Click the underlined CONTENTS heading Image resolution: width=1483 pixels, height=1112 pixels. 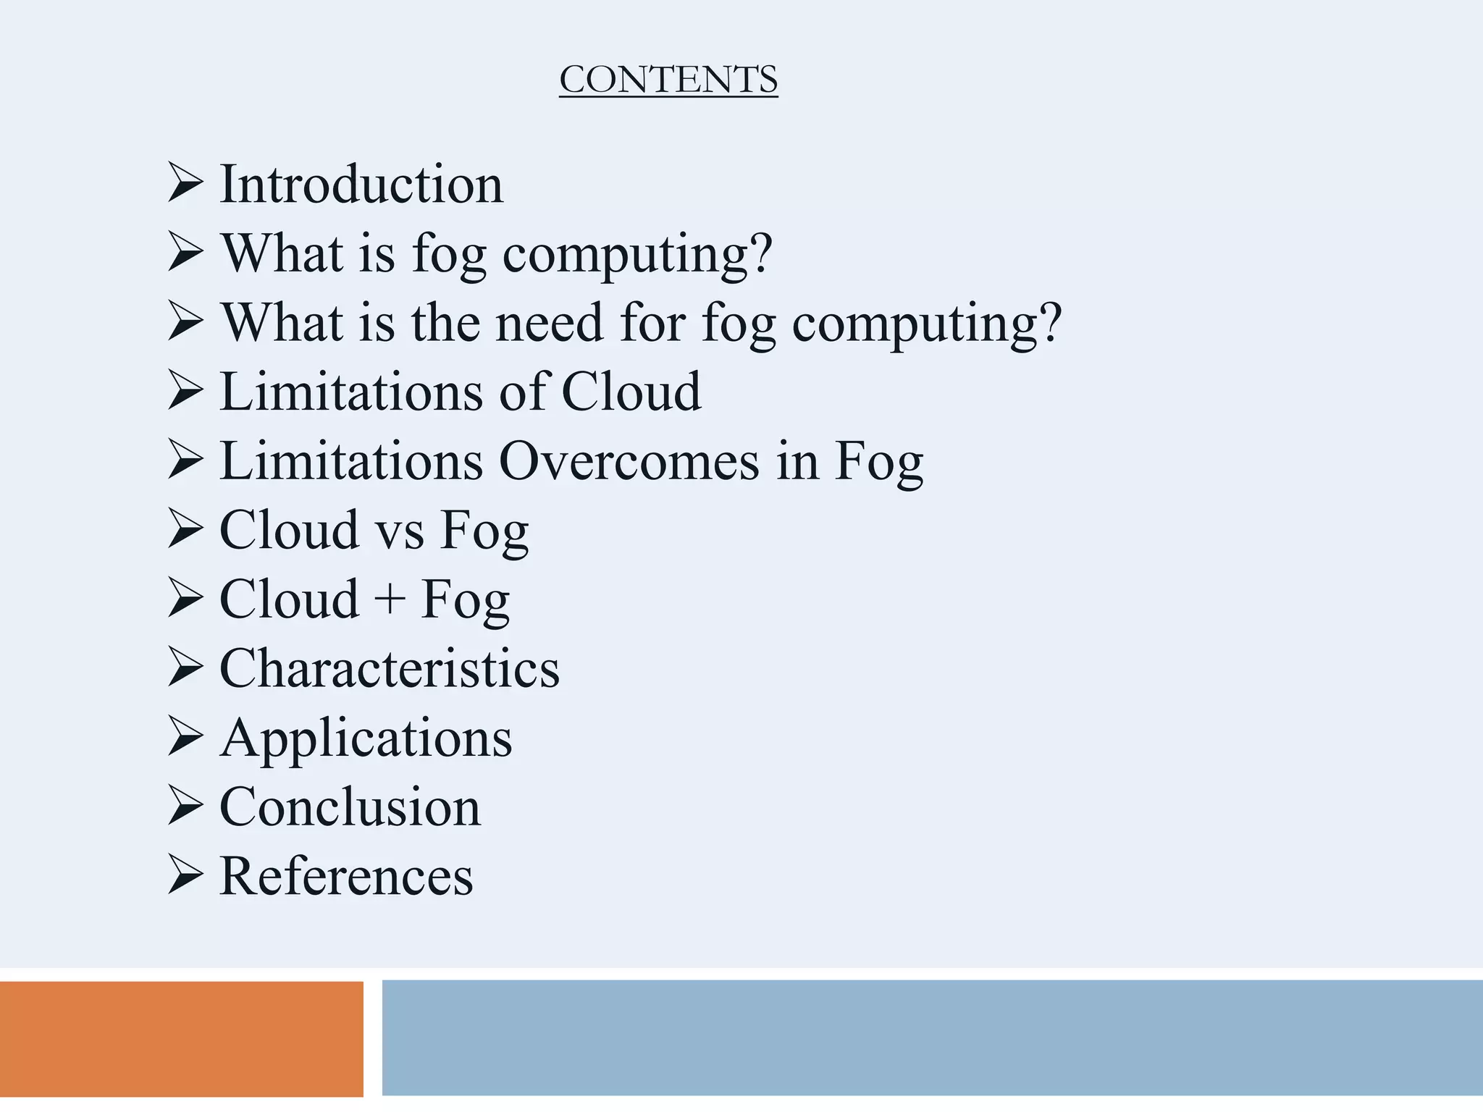668,80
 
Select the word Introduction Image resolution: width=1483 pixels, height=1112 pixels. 361,184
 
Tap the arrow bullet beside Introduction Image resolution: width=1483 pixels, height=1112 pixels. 185,182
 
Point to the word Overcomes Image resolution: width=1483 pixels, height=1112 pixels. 629,460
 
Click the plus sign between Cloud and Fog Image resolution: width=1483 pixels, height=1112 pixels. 390,600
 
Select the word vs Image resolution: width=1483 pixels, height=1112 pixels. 399,531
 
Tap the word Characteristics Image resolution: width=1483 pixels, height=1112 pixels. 390,668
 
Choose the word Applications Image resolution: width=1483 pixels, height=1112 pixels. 366,738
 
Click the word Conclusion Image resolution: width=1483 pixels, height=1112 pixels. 350,806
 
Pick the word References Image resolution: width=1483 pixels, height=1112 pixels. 346,876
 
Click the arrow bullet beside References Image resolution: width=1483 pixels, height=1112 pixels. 185,875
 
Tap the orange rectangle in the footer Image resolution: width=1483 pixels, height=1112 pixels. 181,1038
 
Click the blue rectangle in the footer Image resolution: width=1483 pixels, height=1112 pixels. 932,1037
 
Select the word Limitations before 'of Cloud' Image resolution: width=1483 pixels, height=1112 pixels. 351,392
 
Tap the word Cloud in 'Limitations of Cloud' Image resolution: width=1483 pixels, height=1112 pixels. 631,392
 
